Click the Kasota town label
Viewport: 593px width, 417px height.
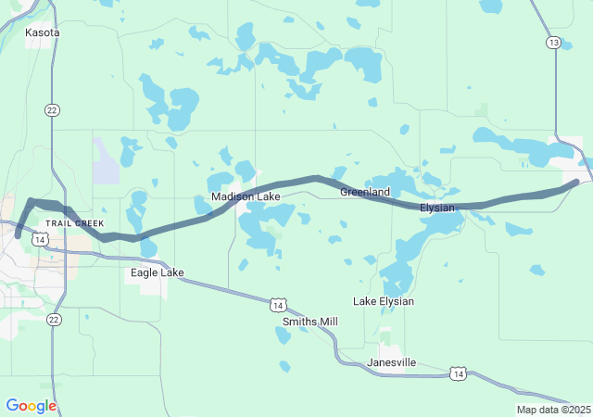(x=43, y=32)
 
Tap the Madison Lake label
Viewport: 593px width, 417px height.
(x=246, y=197)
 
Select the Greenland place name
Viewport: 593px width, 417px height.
(x=365, y=192)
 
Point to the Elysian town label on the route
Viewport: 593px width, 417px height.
(x=437, y=208)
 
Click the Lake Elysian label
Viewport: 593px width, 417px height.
(x=384, y=301)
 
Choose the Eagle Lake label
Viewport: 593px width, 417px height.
(x=157, y=273)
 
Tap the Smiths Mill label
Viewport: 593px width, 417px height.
(x=310, y=322)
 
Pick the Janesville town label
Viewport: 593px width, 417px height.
(x=392, y=361)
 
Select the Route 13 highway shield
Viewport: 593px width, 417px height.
(x=553, y=43)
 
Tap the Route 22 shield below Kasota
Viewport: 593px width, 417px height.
(x=53, y=109)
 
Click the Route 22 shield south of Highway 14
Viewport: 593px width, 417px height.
(x=54, y=320)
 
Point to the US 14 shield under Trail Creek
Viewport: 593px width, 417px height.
(x=40, y=239)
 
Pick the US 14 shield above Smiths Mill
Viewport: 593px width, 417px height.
(x=278, y=304)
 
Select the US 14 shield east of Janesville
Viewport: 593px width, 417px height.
(x=458, y=373)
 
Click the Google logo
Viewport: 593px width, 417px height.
(x=31, y=406)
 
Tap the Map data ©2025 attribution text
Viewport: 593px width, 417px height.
(x=553, y=410)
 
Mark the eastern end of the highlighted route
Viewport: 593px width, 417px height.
(x=577, y=182)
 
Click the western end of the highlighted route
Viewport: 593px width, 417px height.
(x=18, y=236)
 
